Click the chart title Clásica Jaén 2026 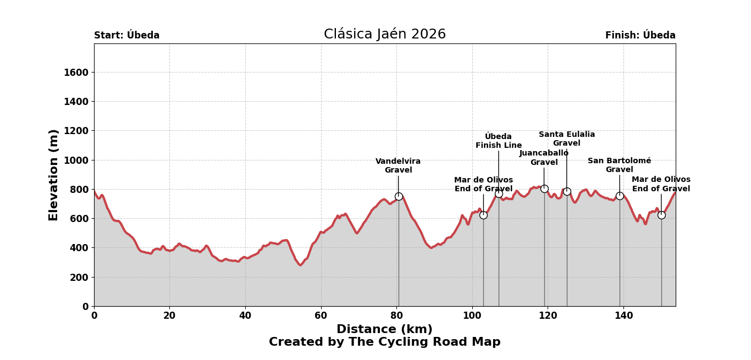(x=384, y=34)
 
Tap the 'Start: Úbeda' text (x=126, y=35)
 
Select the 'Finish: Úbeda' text (x=640, y=35)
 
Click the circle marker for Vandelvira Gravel (x=399, y=196)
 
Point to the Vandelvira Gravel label (x=398, y=165)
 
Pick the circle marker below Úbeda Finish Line (x=499, y=193)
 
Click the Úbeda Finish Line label (x=499, y=141)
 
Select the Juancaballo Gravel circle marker (x=544, y=189)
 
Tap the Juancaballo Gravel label (x=544, y=157)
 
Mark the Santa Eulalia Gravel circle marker (x=567, y=191)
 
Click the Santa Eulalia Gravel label (x=567, y=139)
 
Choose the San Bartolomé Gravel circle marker (x=620, y=196)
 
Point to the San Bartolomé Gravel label (x=619, y=165)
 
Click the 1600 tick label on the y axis (x=76, y=73)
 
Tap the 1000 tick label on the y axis (x=76, y=160)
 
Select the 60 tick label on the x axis (x=321, y=315)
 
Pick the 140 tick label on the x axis (x=623, y=315)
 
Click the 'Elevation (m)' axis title (x=54, y=175)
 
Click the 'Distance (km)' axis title (x=384, y=329)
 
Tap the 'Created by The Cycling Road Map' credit (x=384, y=342)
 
